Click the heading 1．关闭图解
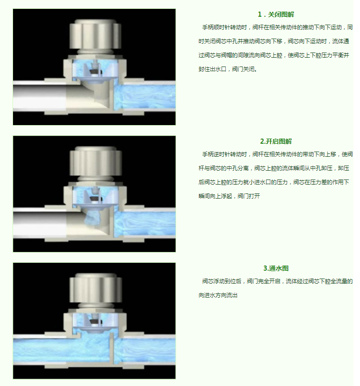pos(275,14)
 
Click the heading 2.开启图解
pos(276,141)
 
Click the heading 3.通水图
pos(276,268)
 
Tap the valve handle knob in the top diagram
pos(95,34)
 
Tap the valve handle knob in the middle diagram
pos(95,161)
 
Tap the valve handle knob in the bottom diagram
pos(96,288)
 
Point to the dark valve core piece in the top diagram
pos(95,72)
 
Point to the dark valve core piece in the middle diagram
pos(95,199)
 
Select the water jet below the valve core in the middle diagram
pos(94,217)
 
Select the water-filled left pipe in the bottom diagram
pos(61,350)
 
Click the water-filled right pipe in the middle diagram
pos(145,223)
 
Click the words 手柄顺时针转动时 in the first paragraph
pos(224,27)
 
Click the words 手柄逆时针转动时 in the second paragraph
pos(224,154)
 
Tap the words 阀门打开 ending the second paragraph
pos(249,196)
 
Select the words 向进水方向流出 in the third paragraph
pos(218,295)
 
